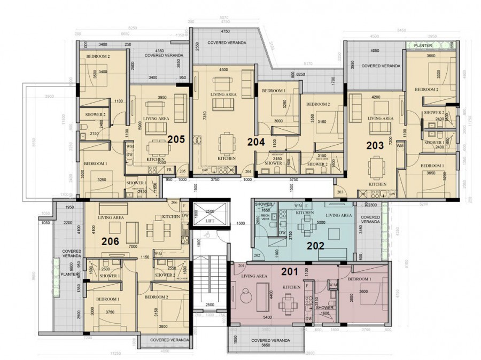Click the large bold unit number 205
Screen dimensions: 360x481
176,139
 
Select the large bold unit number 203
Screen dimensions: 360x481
375,145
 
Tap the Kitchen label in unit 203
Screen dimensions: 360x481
378,184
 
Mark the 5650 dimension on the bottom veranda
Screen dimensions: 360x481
266,346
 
